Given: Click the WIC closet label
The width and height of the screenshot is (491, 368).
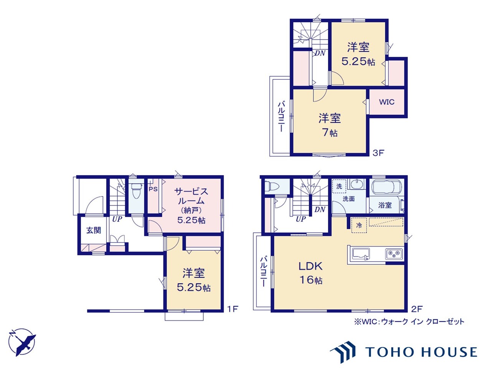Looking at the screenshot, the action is (x=387, y=102).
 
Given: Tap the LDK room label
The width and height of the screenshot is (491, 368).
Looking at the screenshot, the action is (x=310, y=266).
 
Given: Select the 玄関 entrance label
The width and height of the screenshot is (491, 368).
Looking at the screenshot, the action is (x=94, y=230).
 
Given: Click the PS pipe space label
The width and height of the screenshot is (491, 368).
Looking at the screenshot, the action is (x=153, y=189).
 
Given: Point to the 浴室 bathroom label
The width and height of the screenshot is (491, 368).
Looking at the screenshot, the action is (x=385, y=205).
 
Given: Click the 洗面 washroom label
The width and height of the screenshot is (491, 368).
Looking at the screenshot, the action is (x=349, y=199).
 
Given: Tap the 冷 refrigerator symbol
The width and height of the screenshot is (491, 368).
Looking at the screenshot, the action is (x=359, y=225).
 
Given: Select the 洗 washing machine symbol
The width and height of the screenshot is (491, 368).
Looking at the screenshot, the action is (x=339, y=186).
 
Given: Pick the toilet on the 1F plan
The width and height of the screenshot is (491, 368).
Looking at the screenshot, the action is (x=136, y=190).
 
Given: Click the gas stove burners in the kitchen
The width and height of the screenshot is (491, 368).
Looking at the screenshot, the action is (x=394, y=253).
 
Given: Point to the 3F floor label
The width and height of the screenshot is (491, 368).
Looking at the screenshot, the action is (x=378, y=153).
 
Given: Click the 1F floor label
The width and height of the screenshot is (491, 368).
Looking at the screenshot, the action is (x=232, y=309).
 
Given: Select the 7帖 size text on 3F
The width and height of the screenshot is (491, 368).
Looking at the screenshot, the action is (x=330, y=133).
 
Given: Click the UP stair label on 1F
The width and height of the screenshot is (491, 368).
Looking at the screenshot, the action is (x=117, y=219).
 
